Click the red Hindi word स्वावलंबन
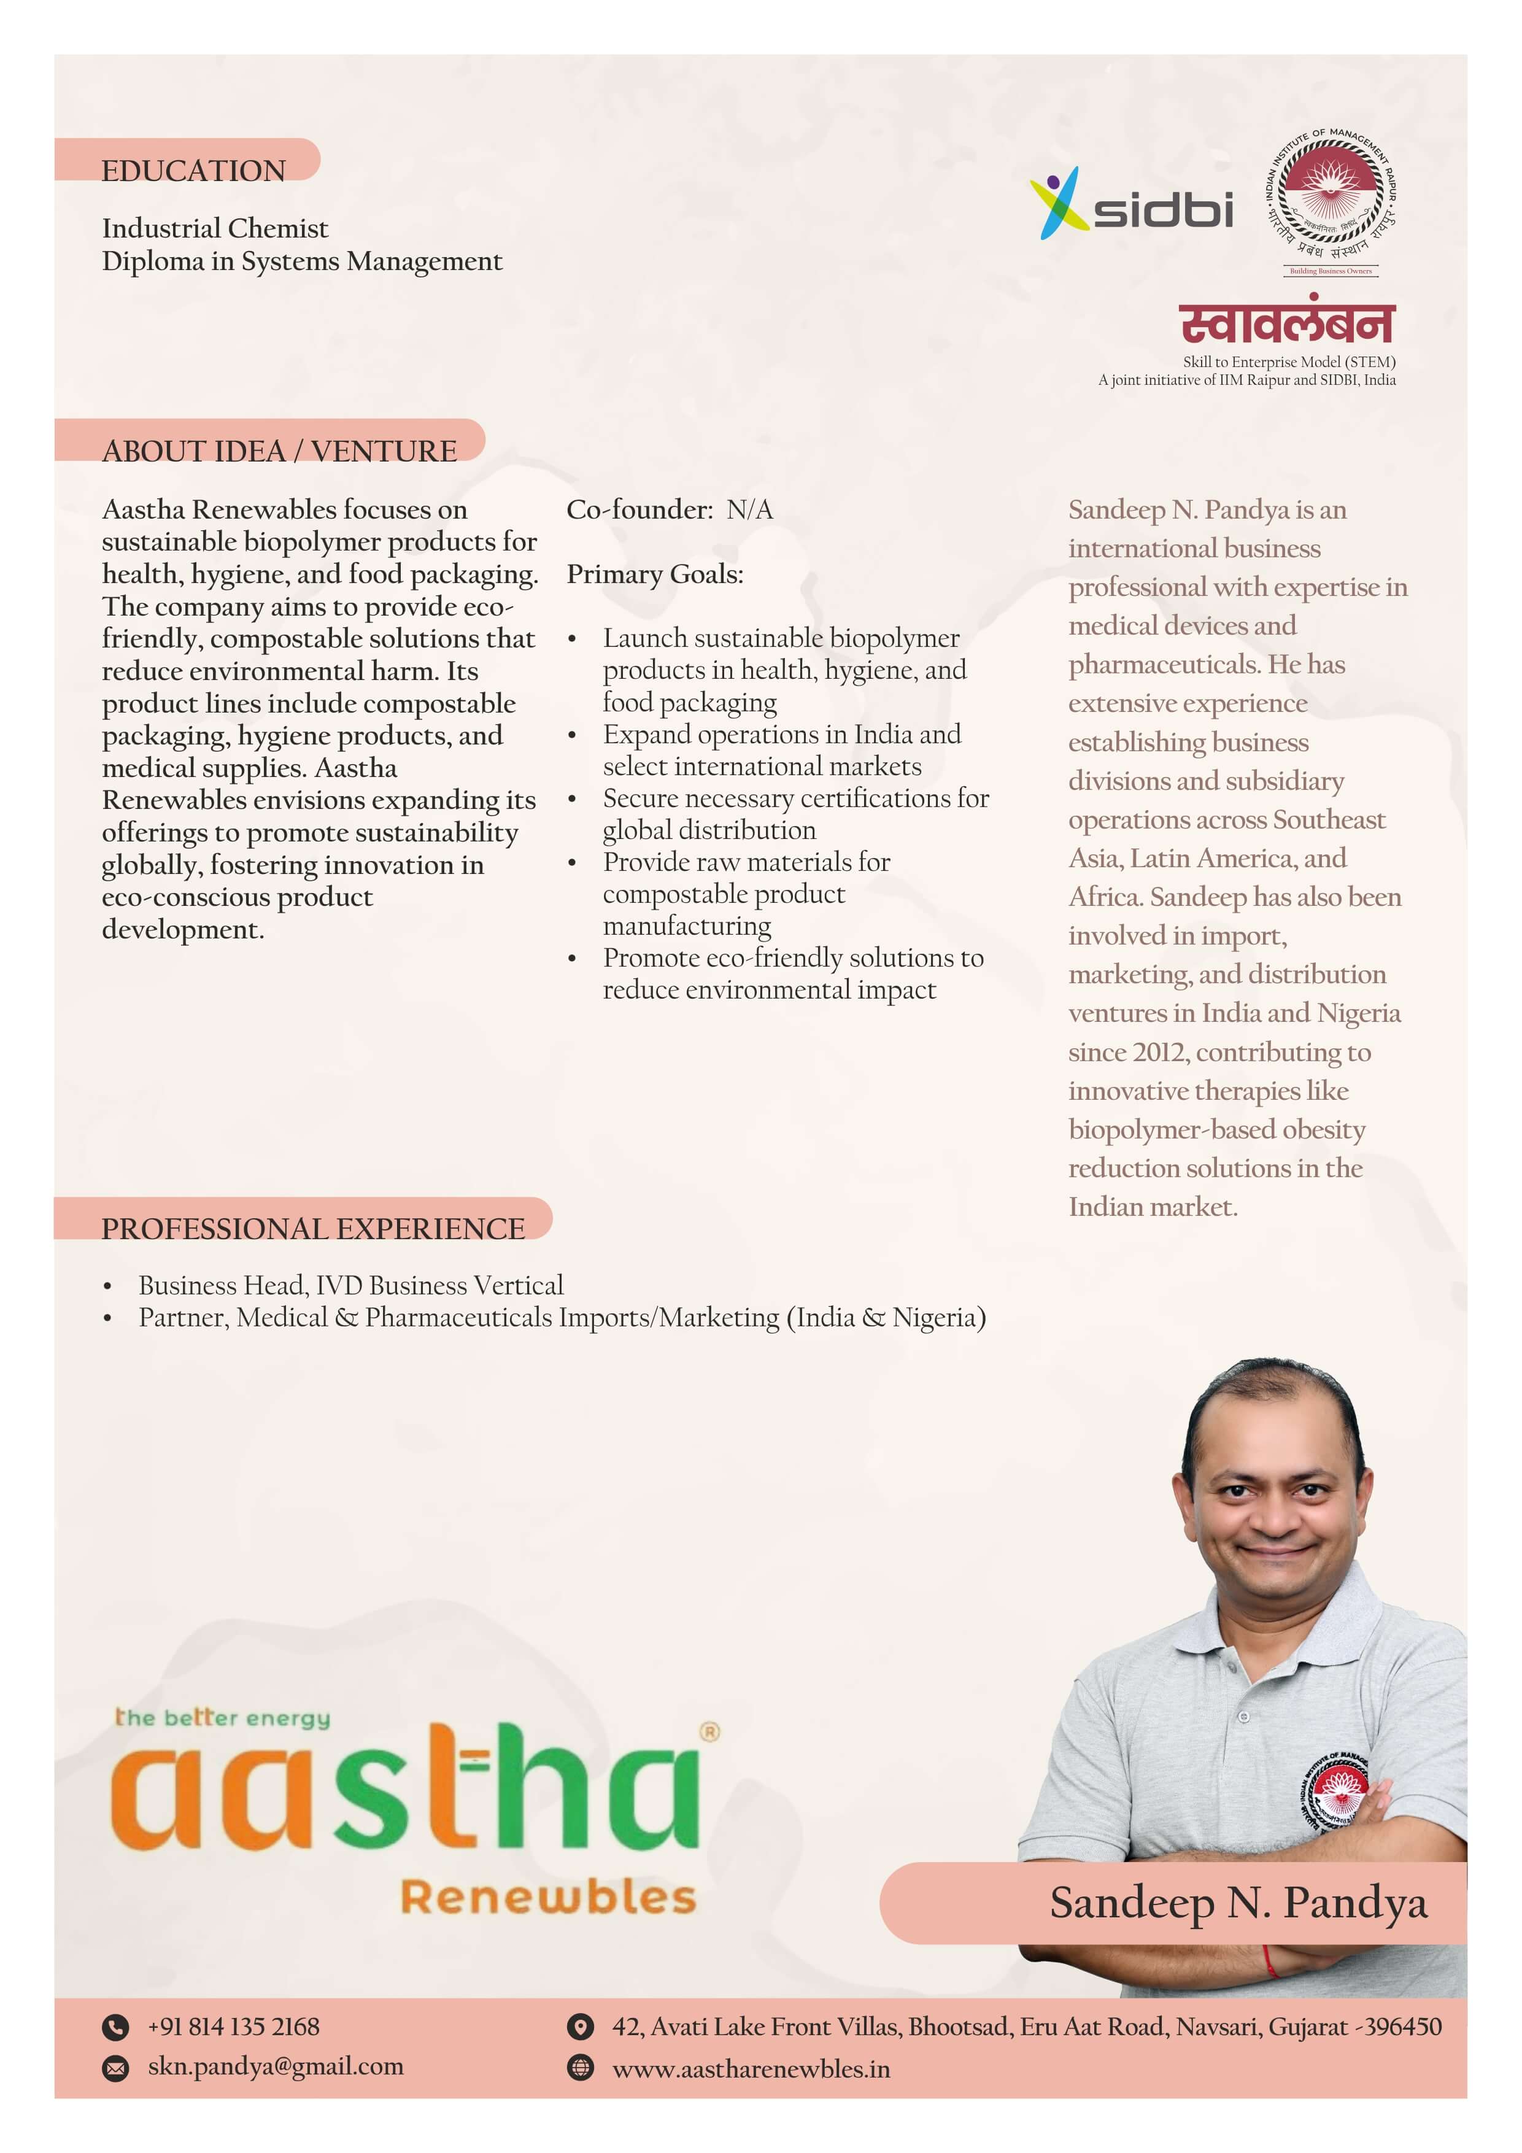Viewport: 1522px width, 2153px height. (1286, 323)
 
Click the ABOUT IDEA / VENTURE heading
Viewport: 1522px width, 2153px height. (279, 451)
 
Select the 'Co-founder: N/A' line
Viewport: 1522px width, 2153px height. (670, 510)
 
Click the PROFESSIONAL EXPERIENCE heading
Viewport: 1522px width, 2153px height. (313, 1229)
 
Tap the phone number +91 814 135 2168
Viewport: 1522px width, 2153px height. (233, 2027)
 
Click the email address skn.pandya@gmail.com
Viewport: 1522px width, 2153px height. (276, 2066)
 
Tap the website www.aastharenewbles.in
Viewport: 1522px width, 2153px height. (751, 2070)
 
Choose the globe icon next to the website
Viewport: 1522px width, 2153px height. (581, 2068)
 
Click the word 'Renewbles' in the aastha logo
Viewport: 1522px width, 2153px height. (549, 1897)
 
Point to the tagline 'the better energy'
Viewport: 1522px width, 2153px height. (222, 1718)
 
